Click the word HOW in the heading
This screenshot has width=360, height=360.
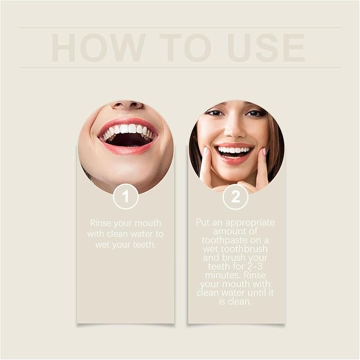(93, 48)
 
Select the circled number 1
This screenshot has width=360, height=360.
(126, 197)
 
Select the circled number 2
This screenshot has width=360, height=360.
(235, 197)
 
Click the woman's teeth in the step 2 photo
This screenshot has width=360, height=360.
(233, 151)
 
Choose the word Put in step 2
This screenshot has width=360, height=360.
(204, 222)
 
